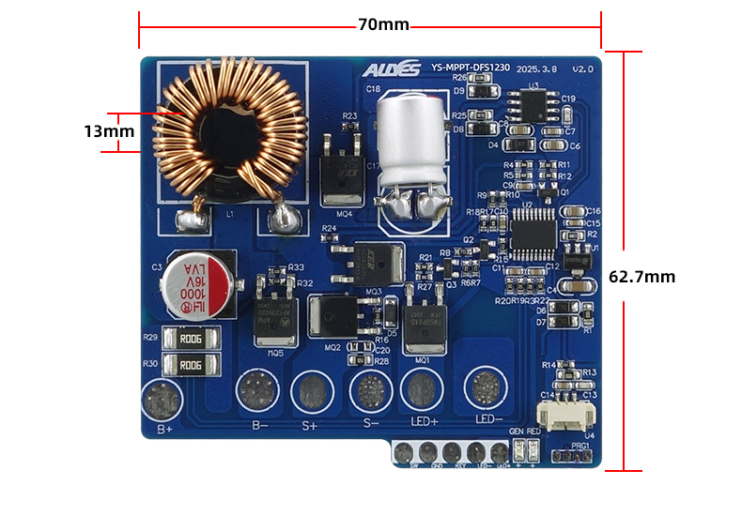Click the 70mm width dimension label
click(383, 24)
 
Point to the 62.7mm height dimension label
click(642, 277)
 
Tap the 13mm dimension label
click(109, 131)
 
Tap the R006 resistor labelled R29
click(191, 339)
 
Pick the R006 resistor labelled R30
click(191, 365)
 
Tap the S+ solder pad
click(311, 390)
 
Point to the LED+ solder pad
click(422, 387)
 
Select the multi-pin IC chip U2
click(533, 227)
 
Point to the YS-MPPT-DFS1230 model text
click(470, 68)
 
